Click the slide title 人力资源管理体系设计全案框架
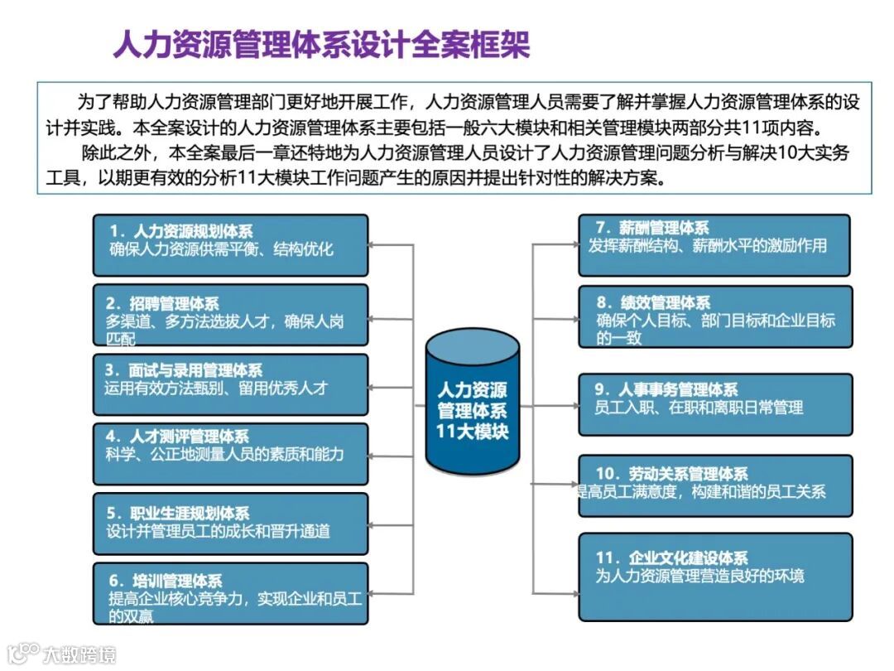click(321, 44)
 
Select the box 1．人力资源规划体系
click(230, 245)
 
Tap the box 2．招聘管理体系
click(230, 315)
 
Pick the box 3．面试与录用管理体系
click(230, 384)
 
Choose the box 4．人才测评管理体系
click(230, 454)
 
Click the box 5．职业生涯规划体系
click(230, 524)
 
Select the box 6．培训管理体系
click(230, 593)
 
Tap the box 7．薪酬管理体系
click(714, 245)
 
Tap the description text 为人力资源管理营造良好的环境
click(699, 576)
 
